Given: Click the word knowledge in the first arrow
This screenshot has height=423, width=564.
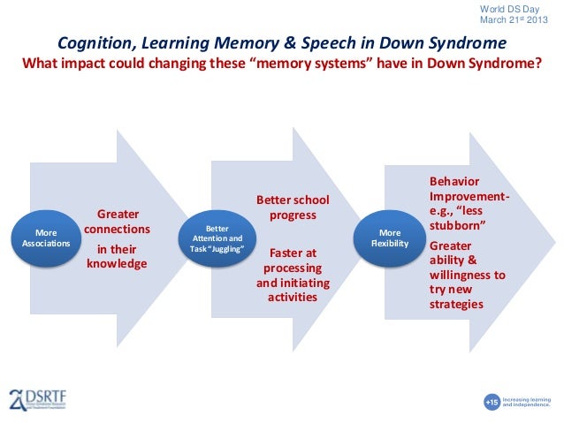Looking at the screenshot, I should [117, 263].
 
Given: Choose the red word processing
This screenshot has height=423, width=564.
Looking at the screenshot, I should [286, 268].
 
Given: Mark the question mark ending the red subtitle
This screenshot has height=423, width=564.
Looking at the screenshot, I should [537, 63].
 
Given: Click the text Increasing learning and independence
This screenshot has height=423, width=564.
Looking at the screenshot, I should [530, 402].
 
